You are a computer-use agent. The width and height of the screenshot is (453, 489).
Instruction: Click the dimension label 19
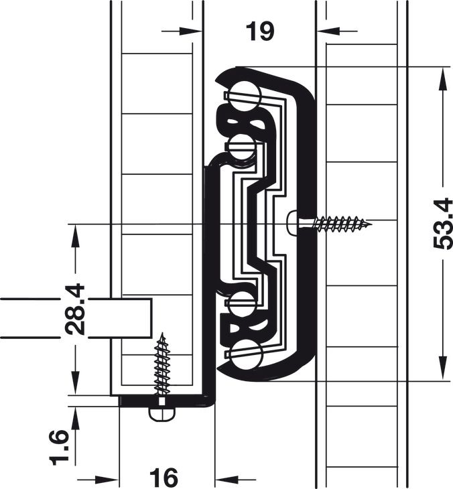[x=260, y=31]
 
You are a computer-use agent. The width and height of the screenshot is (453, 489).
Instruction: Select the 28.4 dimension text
[x=75, y=309]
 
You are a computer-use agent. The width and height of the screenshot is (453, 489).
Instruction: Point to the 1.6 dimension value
[x=59, y=447]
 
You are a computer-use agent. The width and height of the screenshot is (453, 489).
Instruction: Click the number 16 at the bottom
[x=164, y=477]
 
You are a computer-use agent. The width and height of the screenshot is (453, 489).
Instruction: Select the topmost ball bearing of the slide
[x=245, y=96]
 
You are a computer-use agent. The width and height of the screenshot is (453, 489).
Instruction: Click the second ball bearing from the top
[x=242, y=147]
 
